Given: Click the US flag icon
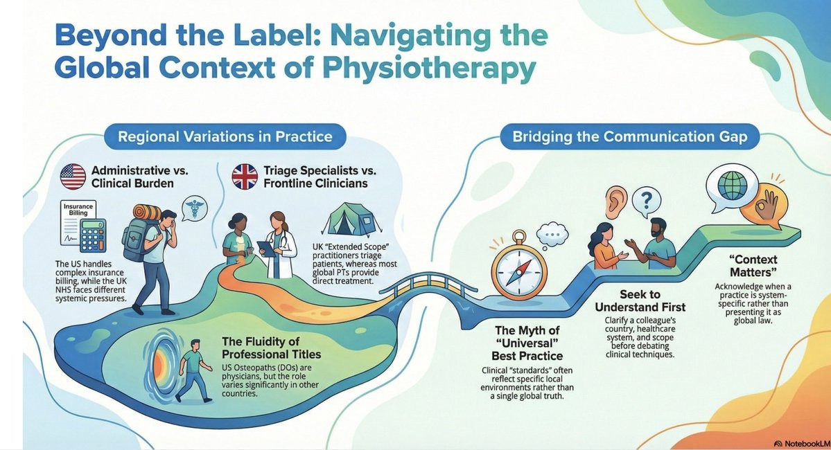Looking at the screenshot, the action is coord(73,177).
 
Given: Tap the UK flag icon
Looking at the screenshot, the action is coord(245,177).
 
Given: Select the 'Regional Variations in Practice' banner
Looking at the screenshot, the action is coord(225,136).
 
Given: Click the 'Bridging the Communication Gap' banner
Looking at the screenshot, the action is coord(629,136).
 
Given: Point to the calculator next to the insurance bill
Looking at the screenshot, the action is coord(93,235).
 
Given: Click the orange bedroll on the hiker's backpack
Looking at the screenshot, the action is coord(148,213).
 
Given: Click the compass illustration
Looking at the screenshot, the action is coord(519,271).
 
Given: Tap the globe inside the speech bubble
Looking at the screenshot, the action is coord(733,186).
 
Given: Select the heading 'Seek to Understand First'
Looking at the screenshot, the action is coord(640,300).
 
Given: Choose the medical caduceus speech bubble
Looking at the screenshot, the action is coord(194,208).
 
